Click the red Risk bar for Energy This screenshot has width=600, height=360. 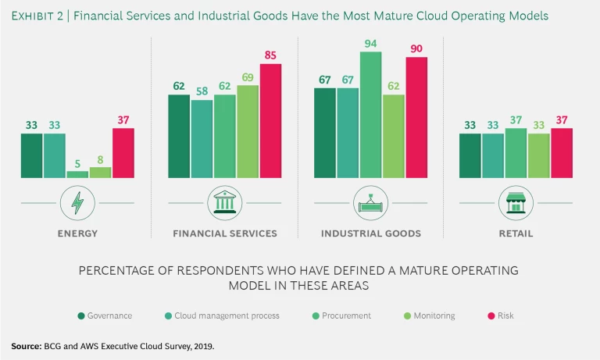coord(123,154)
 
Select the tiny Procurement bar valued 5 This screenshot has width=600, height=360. coord(77,174)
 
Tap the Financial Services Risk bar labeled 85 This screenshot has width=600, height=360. coord(270,121)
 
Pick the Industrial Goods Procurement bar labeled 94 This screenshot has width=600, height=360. coord(371,115)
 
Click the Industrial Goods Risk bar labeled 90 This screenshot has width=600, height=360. coord(416,118)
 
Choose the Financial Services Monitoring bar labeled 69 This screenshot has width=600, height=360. coord(248,131)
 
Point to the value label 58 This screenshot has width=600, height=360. coord(202,90)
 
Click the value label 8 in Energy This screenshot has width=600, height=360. coord(100,159)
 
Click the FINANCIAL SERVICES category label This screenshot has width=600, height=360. coord(224,233)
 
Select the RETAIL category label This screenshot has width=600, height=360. coord(516,233)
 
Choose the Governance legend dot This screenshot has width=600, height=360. coord(81,315)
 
